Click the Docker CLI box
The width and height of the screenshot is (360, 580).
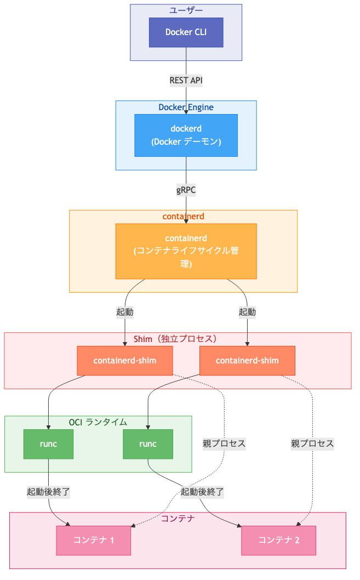coord(186,32)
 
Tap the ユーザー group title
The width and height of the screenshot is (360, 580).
coord(186,10)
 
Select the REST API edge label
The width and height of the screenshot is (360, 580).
coord(186,80)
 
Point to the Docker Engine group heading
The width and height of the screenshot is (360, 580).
coord(186,107)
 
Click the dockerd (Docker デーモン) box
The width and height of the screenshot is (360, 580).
coord(186,135)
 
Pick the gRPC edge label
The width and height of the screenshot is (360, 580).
coord(186,190)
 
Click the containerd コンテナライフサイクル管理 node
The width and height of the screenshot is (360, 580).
coord(186,251)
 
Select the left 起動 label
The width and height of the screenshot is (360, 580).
coord(125,312)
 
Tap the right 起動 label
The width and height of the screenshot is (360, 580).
coord(247,312)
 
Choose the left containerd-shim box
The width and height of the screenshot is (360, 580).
coord(125,361)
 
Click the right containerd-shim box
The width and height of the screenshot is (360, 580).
coord(247,361)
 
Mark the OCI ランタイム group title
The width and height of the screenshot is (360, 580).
coord(98,422)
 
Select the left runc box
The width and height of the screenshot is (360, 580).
coord(49,444)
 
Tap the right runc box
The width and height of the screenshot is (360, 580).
coord(148,444)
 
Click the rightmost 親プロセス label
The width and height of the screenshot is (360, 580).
coord(312,444)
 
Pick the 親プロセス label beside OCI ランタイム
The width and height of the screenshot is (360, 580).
coord(224,444)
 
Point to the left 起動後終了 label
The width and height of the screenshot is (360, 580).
coord(49,492)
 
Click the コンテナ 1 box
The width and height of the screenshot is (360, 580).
coord(93,540)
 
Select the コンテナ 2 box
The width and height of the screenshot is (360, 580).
coord(279,540)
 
